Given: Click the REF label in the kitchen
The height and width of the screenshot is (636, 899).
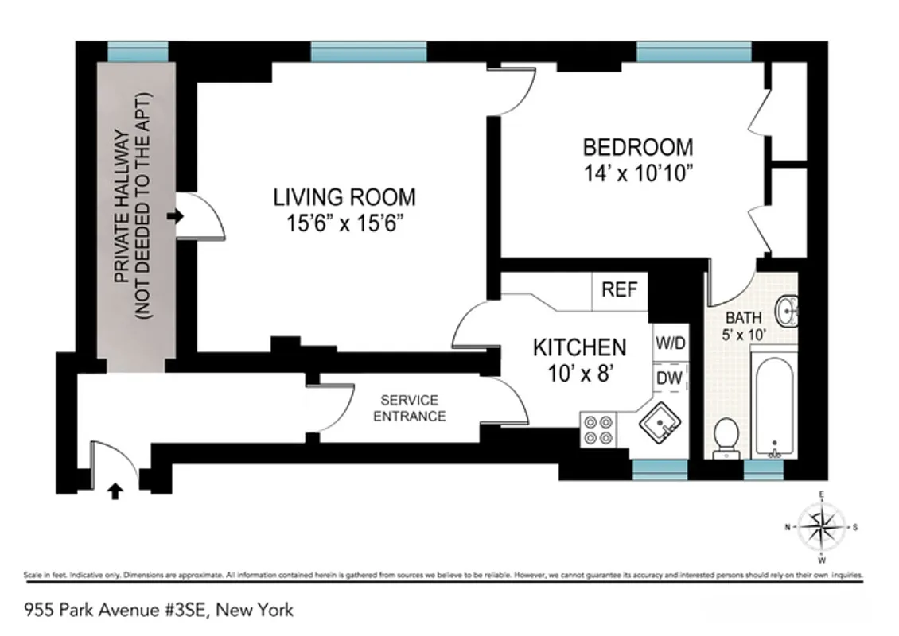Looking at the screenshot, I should coord(620,290).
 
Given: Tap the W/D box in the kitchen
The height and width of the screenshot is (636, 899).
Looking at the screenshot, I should coord(670,344).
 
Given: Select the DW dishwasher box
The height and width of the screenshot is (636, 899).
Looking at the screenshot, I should coord(670,379).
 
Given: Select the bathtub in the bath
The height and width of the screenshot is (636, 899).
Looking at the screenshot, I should coord(773,409).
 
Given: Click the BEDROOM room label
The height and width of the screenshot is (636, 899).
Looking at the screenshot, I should coord(637,147).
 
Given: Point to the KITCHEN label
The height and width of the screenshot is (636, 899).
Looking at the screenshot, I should coord(578,347).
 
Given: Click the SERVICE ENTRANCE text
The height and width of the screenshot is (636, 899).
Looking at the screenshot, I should coord(409,409).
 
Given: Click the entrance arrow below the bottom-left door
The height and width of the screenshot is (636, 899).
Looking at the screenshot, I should coord(115,492).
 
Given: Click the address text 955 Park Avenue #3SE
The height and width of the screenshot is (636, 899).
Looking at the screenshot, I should coord(159,611).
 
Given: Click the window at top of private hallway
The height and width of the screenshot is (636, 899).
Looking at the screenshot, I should coord(138,52).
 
